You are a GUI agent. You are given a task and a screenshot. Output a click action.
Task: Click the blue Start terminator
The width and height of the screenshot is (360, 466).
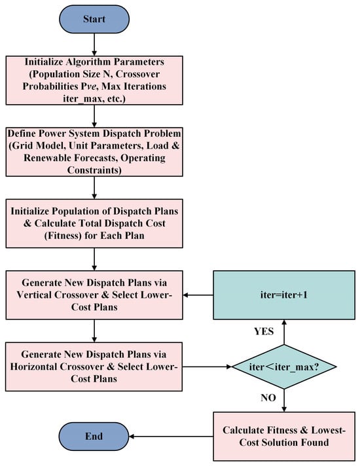[x=94, y=20]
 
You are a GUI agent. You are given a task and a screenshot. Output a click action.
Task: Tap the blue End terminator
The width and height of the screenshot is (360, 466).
[x=94, y=437]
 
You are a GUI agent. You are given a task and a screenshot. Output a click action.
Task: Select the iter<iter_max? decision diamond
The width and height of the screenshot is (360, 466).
[x=284, y=367]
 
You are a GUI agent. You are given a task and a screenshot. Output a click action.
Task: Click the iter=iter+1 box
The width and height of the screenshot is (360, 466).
[x=284, y=295]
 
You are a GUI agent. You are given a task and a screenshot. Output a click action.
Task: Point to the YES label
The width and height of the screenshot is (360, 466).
[x=264, y=331]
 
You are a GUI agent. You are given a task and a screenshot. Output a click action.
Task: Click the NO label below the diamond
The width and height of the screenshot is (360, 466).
[x=268, y=398]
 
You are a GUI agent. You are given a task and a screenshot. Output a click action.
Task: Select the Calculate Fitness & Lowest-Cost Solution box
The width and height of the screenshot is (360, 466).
[x=284, y=437]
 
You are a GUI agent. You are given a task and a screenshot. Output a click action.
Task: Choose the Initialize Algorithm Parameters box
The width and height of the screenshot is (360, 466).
[x=94, y=81]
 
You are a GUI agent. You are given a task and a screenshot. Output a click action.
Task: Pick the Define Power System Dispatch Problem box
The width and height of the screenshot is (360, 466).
[x=94, y=152]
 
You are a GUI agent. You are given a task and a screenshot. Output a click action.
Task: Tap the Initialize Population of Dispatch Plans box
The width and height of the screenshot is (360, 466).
[x=94, y=223]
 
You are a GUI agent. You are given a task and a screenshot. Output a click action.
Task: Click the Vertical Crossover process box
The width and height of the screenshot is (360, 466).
[x=94, y=295]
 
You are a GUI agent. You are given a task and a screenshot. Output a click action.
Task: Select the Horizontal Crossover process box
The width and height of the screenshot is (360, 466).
[x=94, y=367]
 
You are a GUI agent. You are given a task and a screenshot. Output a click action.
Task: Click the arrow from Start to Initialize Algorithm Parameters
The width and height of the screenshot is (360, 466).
[x=94, y=45]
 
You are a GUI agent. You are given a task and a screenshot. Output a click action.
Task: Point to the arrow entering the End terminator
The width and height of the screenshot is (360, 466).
[x=171, y=437]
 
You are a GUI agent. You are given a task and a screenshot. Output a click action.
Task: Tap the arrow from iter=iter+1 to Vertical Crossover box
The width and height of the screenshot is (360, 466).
[x=198, y=295]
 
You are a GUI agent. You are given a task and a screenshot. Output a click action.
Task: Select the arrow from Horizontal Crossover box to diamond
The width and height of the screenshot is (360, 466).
[x=207, y=367]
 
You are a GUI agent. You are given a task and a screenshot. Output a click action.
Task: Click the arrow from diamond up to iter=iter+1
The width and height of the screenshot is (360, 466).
[x=284, y=332]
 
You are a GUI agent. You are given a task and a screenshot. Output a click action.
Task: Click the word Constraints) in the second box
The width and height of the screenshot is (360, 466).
[x=94, y=170]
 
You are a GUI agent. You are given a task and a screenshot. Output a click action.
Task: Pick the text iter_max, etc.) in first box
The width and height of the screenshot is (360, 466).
[x=94, y=99]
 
